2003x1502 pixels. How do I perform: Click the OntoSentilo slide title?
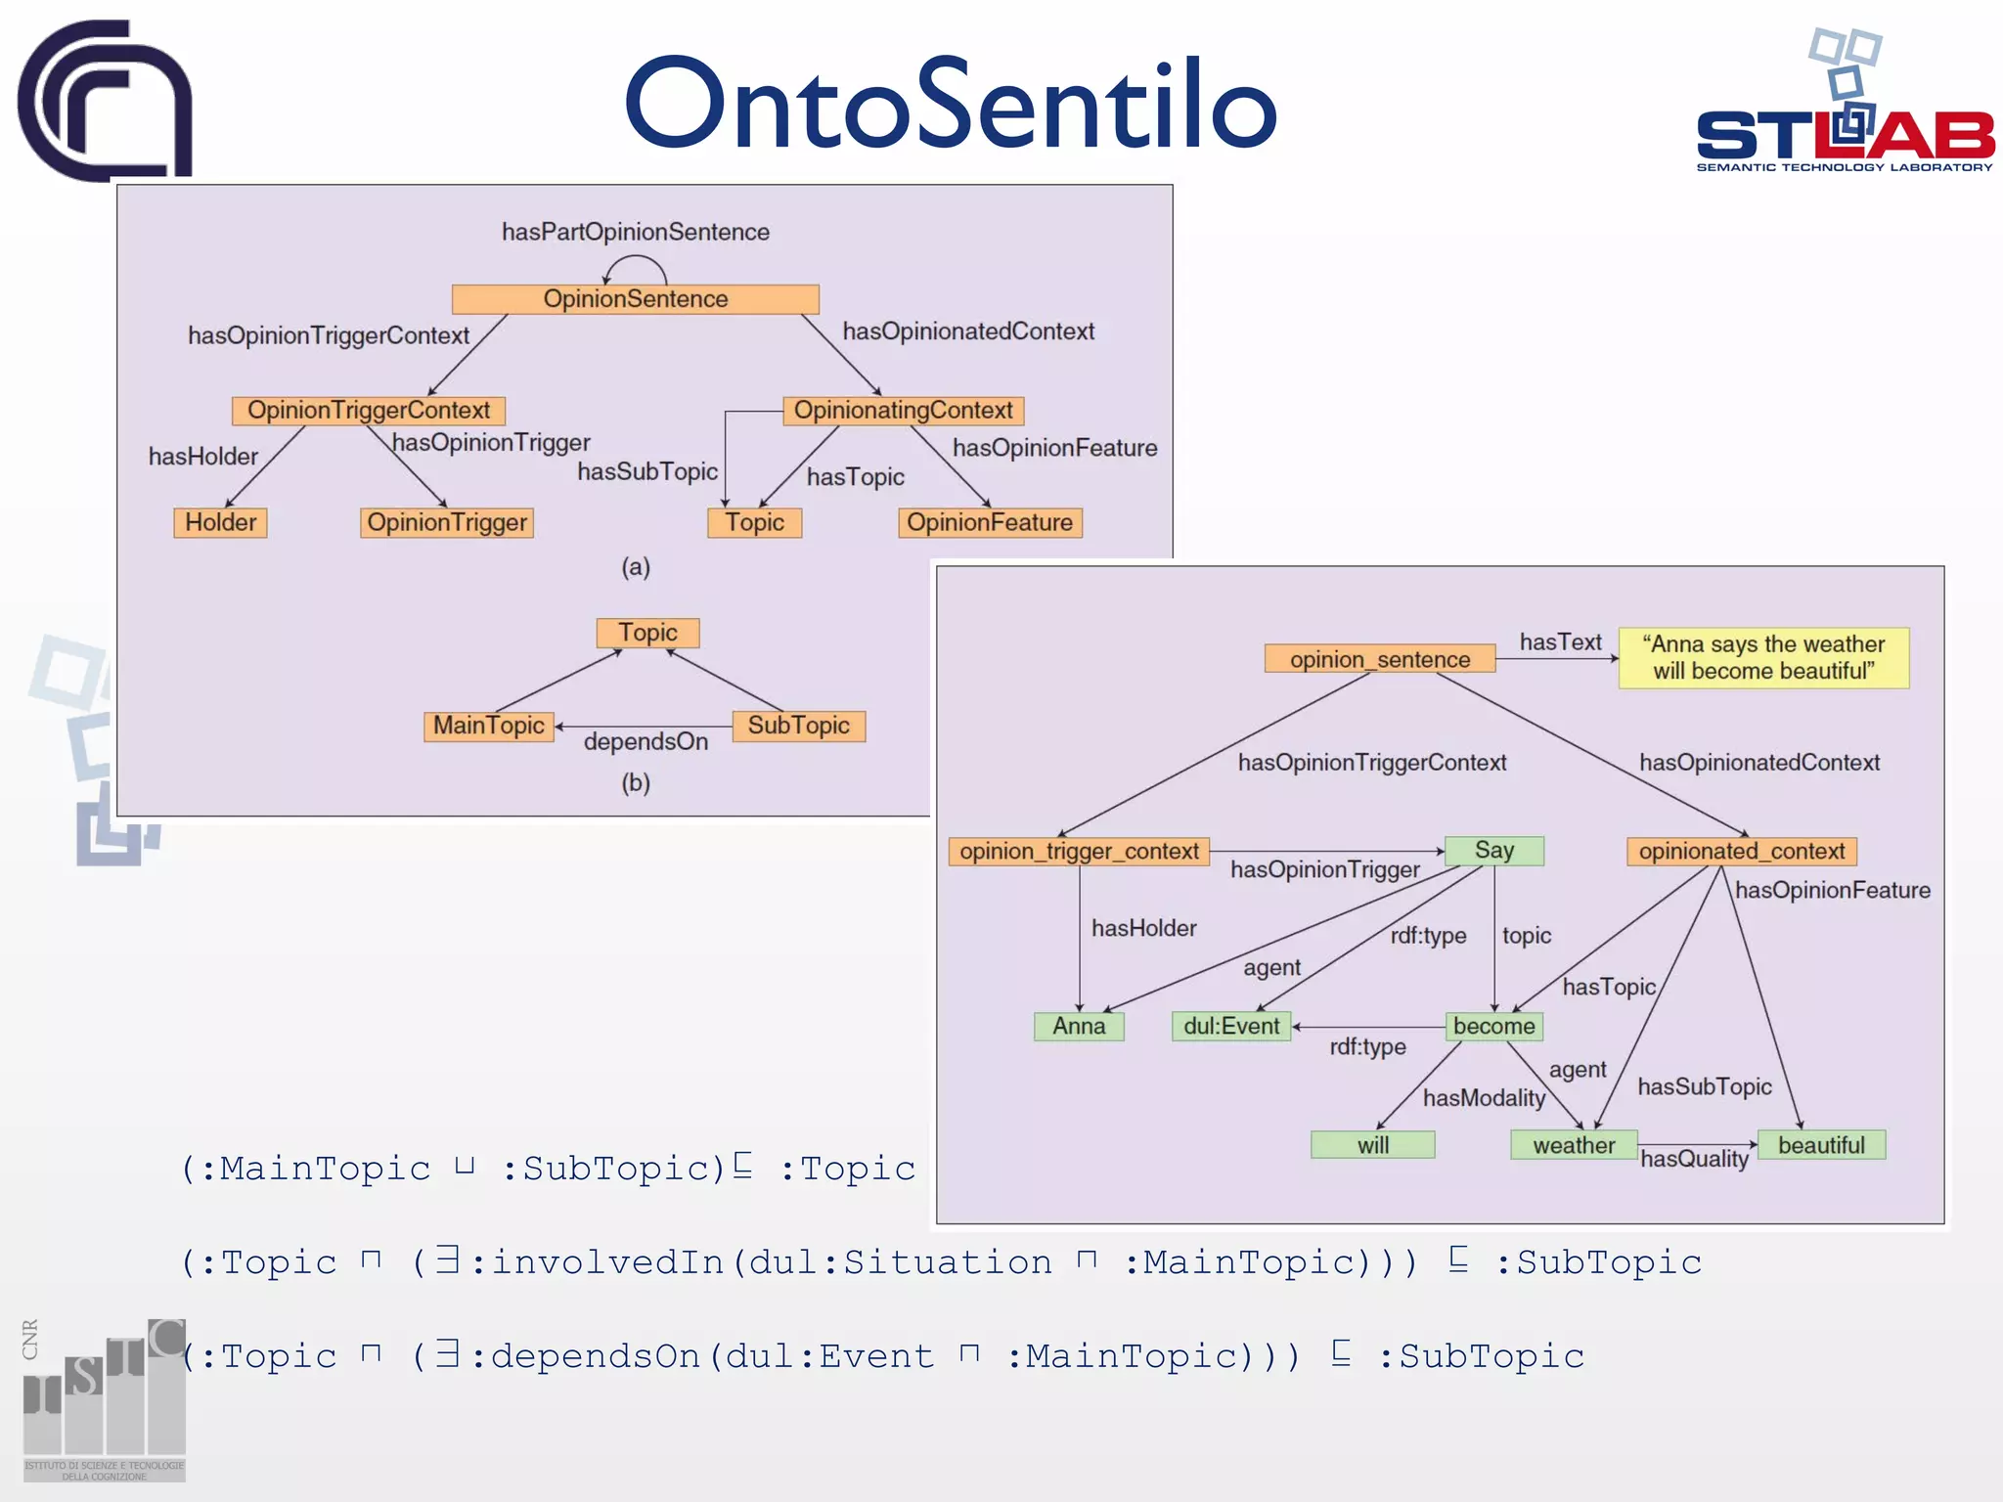(951, 104)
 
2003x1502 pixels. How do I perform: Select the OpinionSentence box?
(635, 299)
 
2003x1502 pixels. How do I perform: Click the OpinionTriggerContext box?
(369, 411)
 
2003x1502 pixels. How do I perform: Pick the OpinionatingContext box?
(903, 411)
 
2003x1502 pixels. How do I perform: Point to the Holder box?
(220, 522)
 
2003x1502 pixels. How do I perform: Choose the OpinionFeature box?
(989, 522)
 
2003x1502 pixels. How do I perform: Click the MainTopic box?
(489, 726)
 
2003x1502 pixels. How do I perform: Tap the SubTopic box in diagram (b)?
(798, 726)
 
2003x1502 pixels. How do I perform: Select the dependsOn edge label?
(645, 742)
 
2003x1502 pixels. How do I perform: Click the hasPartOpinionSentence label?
(635, 232)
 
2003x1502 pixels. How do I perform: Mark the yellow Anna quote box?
(1763, 658)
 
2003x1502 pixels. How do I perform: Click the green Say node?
(1493, 851)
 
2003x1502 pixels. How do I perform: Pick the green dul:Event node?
(1231, 1026)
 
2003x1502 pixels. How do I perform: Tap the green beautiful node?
(1821, 1145)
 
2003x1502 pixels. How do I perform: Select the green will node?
(1372, 1145)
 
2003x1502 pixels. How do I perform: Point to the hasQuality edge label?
(1694, 1160)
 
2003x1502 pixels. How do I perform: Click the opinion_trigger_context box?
(1079, 851)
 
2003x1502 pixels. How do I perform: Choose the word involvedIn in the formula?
(606, 1262)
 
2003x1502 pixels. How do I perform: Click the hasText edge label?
(1560, 642)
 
